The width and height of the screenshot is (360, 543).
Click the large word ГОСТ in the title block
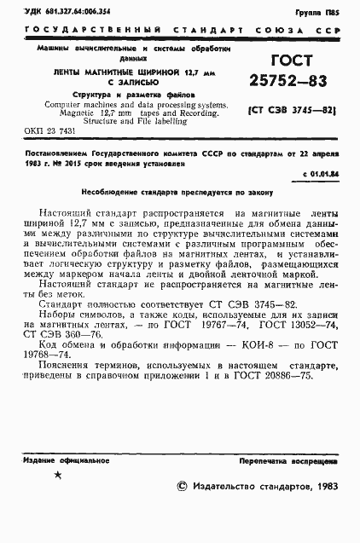tap(291, 61)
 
